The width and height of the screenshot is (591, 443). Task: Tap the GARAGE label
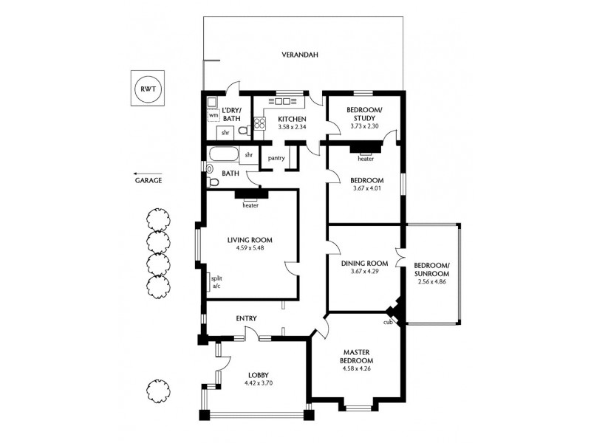[148, 179]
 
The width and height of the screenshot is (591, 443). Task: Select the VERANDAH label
[300, 55]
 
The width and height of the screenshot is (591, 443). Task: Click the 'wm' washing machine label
[213, 115]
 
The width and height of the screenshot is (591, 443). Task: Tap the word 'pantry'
[277, 157]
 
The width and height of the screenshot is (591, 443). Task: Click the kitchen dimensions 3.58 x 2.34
[292, 127]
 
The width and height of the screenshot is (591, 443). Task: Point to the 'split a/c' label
[216, 281]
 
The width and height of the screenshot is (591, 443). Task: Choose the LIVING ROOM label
[250, 239]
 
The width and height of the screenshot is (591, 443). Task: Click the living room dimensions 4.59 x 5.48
[250, 247]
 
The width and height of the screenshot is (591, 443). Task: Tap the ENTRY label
[246, 318]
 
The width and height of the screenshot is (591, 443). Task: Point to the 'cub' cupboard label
[387, 322]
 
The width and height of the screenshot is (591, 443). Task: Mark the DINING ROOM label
[364, 264]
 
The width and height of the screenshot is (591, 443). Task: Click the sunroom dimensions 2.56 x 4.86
[432, 281]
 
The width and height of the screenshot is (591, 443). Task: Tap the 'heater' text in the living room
[250, 206]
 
